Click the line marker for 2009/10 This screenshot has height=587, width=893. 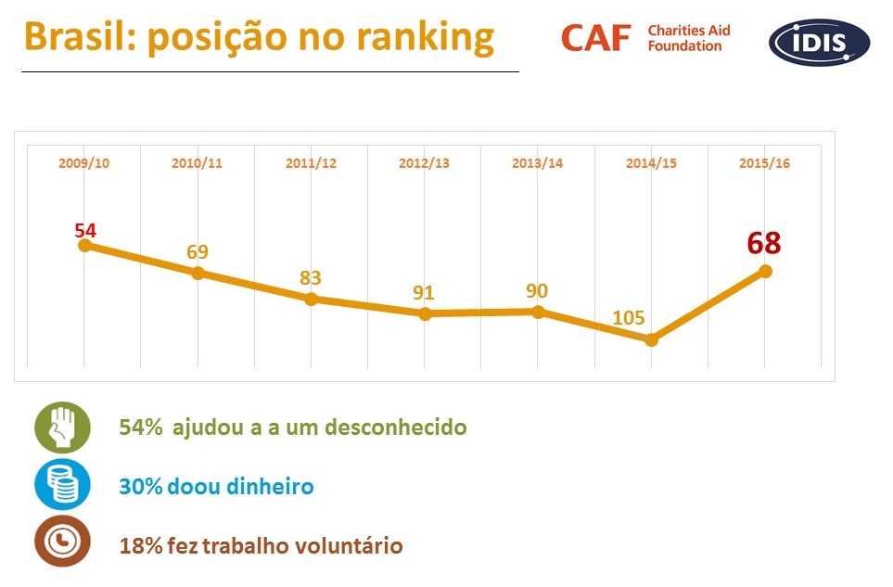click(84, 246)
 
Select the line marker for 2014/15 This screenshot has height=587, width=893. click(651, 339)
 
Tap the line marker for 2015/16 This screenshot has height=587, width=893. click(765, 271)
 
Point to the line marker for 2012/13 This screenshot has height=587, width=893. click(425, 313)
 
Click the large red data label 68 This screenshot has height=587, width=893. click(764, 243)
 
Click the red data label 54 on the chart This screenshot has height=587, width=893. click(85, 229)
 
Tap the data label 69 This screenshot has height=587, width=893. click(197, 252)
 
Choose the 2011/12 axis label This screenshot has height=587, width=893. click(311, 163)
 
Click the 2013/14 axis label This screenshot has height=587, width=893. click(538, 163)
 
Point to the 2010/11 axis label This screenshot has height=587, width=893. click(197, 163)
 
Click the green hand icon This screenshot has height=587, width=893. click(63, 427)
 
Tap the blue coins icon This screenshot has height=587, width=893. click(63, 485)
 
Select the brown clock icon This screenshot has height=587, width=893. click(63, 542)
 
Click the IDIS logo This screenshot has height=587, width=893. click(819, 43)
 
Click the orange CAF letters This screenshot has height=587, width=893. click(595, 38)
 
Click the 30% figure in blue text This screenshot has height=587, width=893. click(140, 486)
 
